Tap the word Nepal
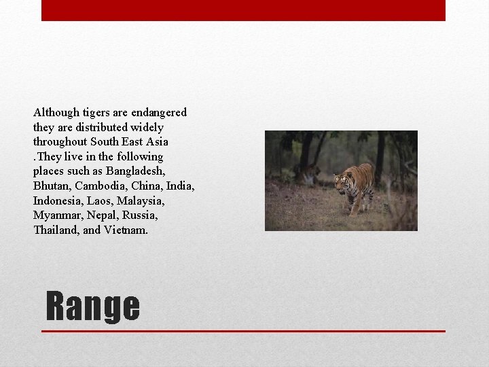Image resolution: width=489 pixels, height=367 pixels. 103,215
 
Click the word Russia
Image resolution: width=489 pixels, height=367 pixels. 141,215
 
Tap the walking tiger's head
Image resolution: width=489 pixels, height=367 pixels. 342,181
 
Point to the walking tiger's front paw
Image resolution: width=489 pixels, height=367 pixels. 352,212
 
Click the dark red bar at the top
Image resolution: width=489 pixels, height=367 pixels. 243,10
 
